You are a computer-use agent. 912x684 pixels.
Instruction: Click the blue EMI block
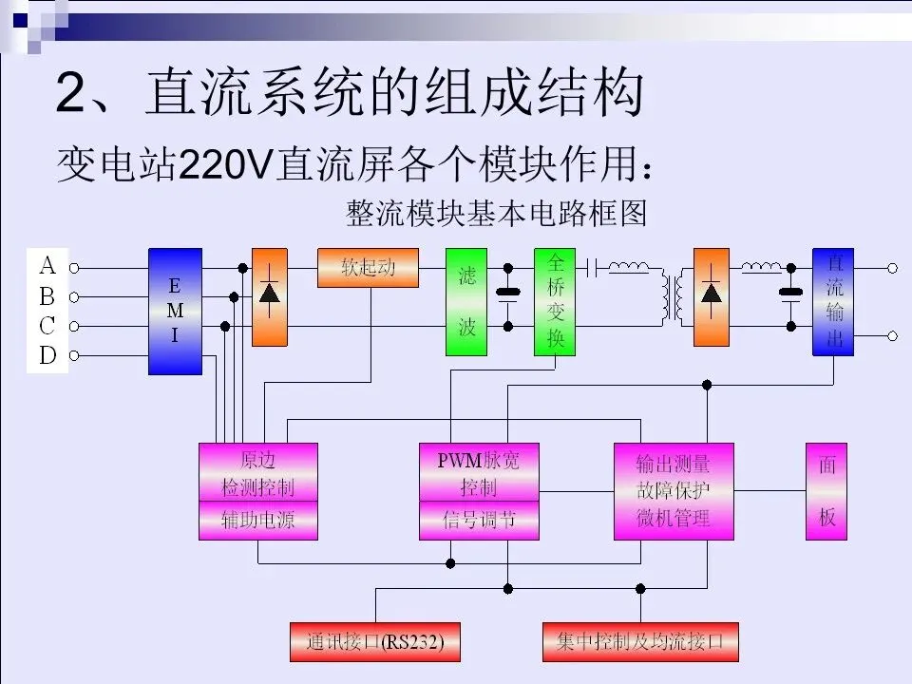click(x=175, y=312)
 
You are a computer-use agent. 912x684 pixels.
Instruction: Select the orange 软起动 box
click(x=369, y=268)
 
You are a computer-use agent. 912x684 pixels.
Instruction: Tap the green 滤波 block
click(x=466, y=302)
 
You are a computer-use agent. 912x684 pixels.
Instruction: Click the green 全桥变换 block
click(x=555, y=302)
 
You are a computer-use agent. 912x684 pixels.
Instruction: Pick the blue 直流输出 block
click(x=833, y=302)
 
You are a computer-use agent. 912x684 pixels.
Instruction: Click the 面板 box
click(x=826, y=491)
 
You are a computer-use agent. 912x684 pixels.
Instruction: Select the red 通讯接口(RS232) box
click(x=375, y=642)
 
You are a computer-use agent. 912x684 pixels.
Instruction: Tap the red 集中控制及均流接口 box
click(x=640, y=642)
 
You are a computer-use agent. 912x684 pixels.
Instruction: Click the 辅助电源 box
click(x=258, y=520)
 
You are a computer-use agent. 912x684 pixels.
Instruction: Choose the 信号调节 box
click(x=479, y=520)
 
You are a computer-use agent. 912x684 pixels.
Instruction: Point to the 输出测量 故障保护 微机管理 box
click(x=674, y=491)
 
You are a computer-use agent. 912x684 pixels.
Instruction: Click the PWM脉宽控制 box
click(x=479, y=472)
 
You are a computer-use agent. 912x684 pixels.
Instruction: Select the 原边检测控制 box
click(x=258, y=472)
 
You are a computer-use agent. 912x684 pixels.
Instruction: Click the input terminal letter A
click(x=47, y=266)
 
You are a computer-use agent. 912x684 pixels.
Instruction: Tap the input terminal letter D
click(x=47, y=354)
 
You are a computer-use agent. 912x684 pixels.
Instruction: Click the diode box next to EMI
click(x=269, y=297)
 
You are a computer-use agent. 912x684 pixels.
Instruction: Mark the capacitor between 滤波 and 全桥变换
click(x=507, y=296)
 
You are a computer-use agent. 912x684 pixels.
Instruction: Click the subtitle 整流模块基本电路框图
click(x=497, y=214)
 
